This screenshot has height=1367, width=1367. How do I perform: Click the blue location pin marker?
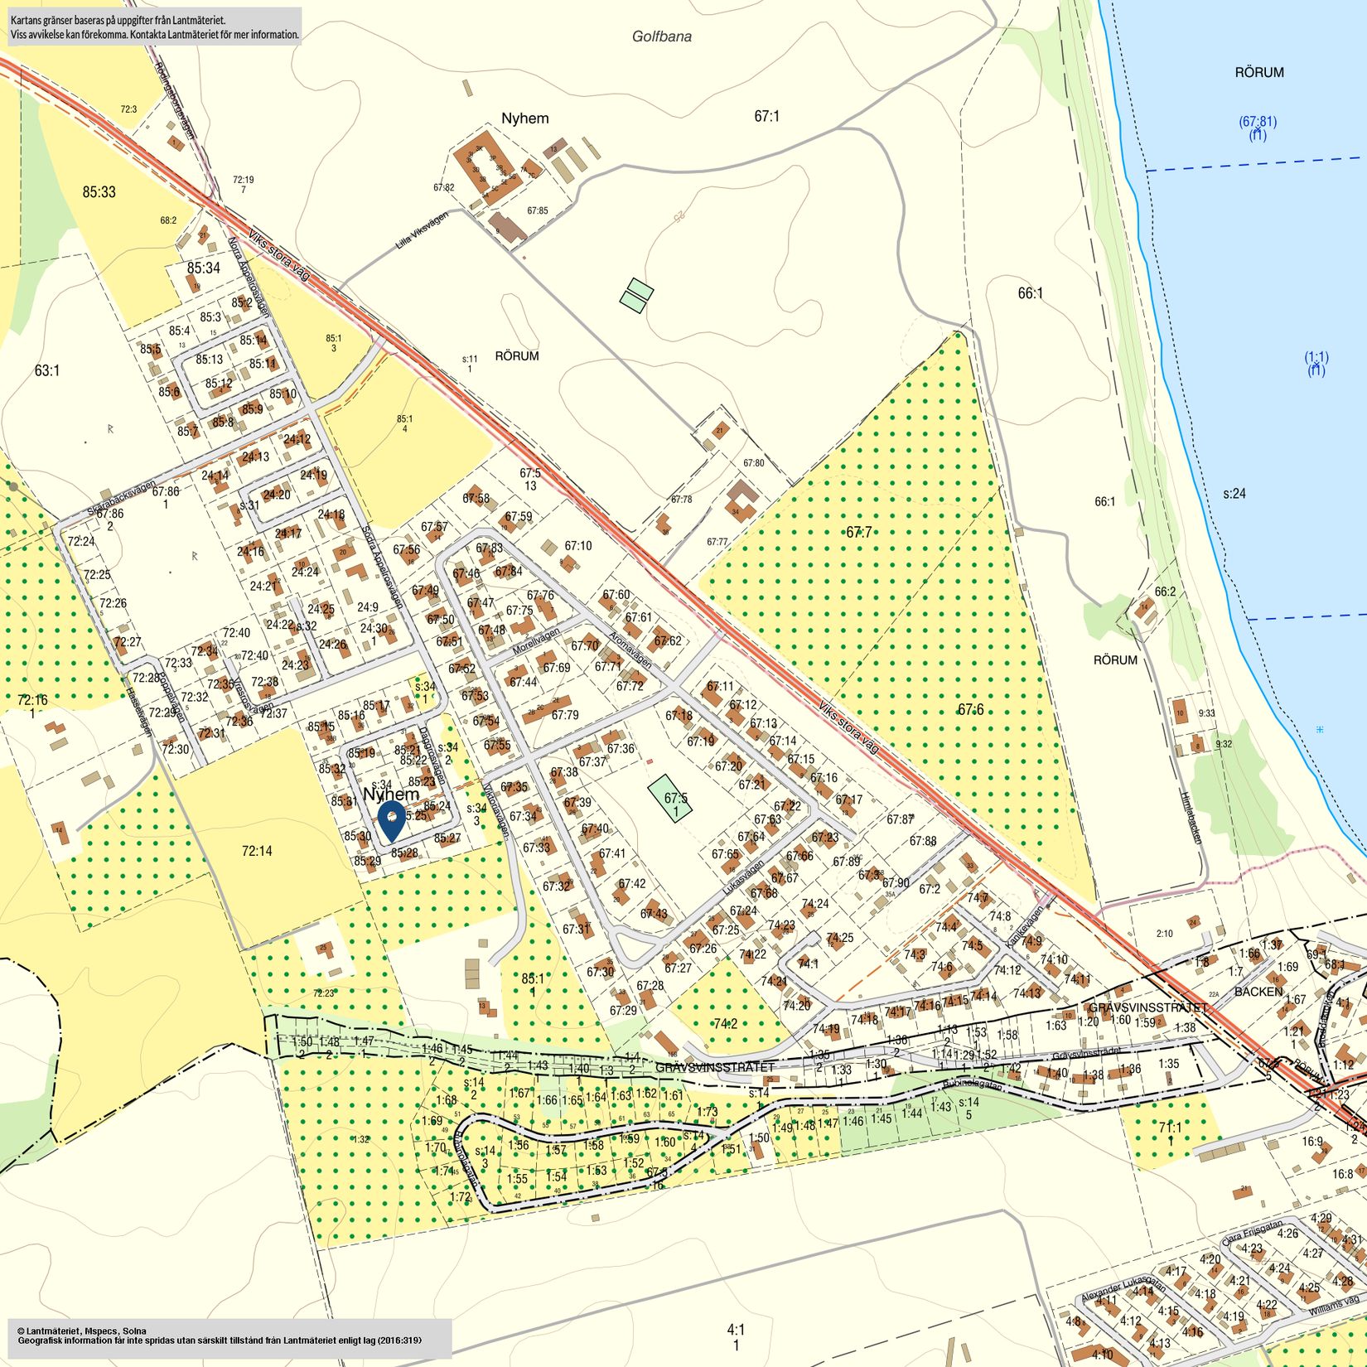tap(390, 819)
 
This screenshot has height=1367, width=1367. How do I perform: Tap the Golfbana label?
tap(661, 36)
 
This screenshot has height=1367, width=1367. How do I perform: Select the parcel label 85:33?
tap(99, 192)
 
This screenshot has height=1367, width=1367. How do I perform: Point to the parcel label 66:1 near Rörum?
tap(1030, 293)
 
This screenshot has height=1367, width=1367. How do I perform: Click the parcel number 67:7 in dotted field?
tap(858, 532)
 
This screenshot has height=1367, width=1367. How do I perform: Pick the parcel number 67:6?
tap(970, 709)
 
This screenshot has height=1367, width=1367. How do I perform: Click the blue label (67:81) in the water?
tap(1257, 122)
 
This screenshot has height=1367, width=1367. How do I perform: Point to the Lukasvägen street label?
tap(742, 876)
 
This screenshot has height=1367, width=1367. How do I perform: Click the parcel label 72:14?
tap(257, 851)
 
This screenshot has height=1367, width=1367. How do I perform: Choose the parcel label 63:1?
tap(47, 370)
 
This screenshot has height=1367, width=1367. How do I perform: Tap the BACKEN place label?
tap(1258, 991)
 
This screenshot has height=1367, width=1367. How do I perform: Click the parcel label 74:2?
tap(725, 1024)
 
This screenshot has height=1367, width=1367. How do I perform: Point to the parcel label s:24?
tap(1234, 494)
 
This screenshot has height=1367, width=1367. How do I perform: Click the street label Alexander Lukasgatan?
tap(1123, 1285)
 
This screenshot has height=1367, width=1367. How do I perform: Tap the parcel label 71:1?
tap(1170, 1128)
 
